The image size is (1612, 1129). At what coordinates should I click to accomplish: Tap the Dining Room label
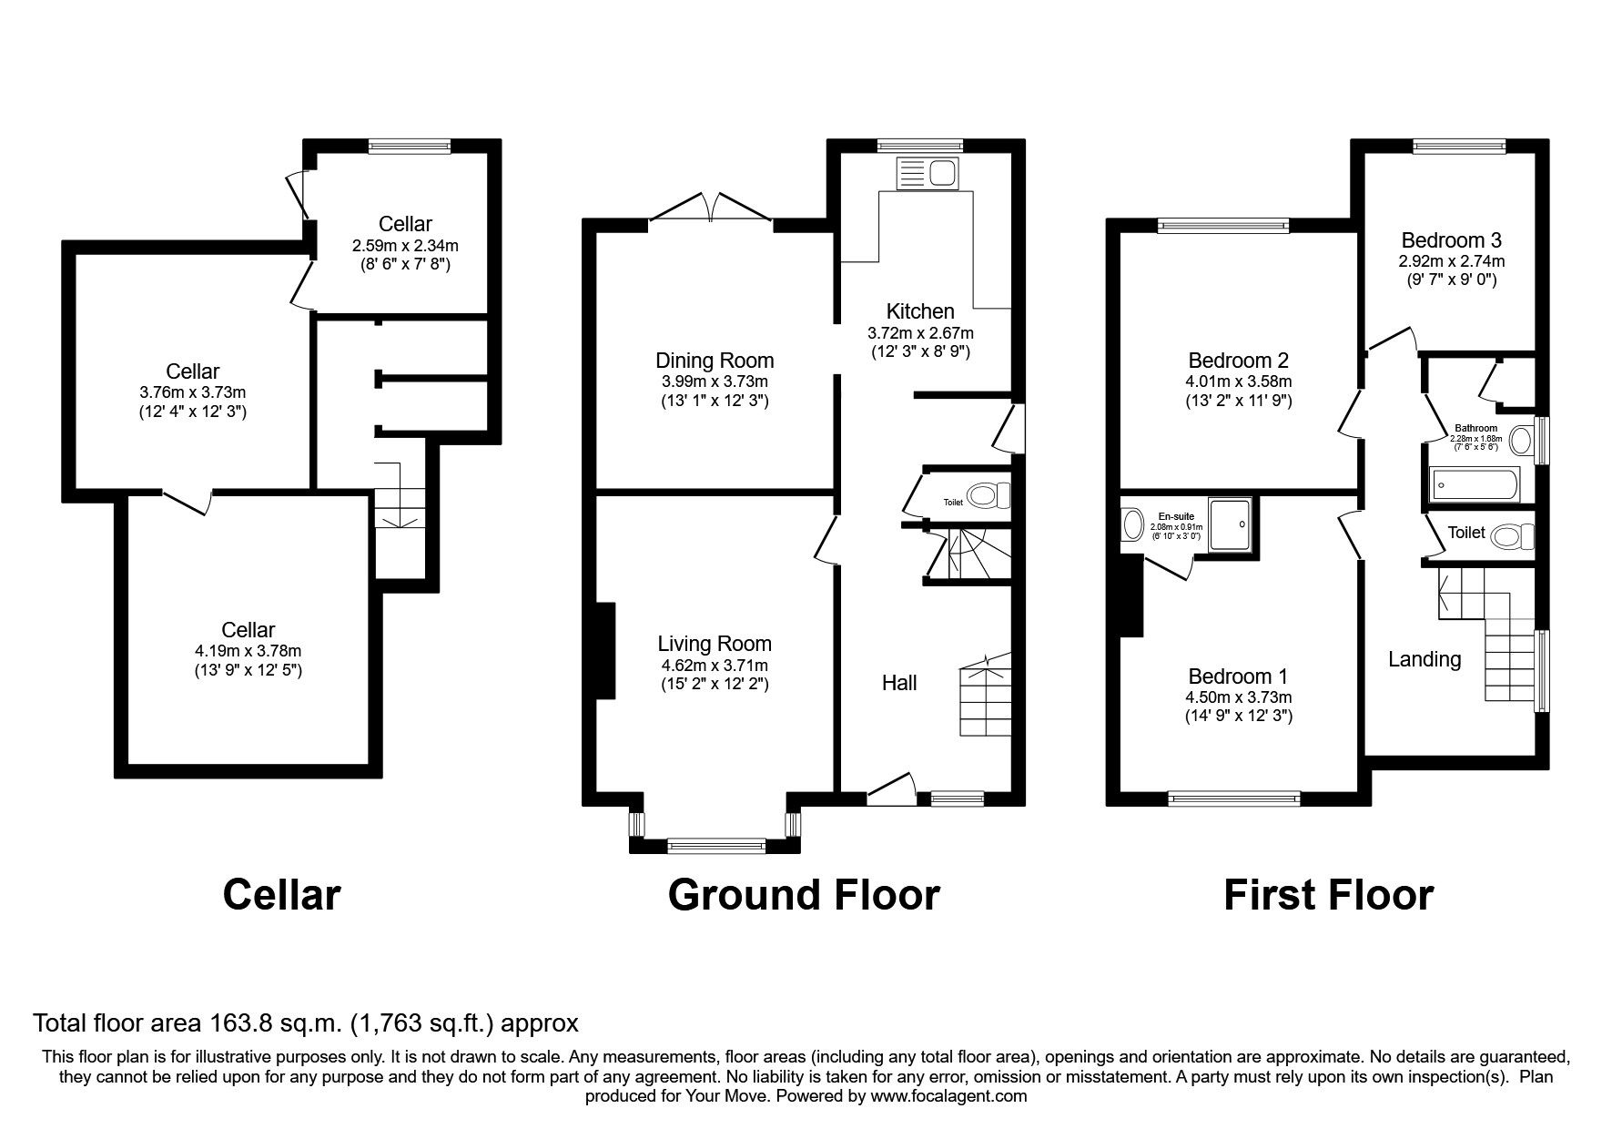click(x=715, y=360)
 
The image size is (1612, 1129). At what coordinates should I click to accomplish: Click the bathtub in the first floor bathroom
click(x=1474, y=484)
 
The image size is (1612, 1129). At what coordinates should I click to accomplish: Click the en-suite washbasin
click(x=1133, y=524)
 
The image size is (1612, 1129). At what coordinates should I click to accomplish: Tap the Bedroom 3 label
click(x=1451, y=240)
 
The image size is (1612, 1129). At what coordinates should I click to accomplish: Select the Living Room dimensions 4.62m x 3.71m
click(x=715, y=666)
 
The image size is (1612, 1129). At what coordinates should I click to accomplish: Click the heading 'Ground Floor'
click(x=803, y=894)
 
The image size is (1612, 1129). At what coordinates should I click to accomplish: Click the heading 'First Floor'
click(x=1327, y=894)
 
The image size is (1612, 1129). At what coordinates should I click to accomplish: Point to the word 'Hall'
click(x=898, y=683)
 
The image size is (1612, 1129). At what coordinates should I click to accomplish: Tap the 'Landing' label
click(x=1424, y=659)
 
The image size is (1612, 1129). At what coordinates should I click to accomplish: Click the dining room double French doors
click(x=711, y=208)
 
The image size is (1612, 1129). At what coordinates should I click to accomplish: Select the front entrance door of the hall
click(x=890, y=788)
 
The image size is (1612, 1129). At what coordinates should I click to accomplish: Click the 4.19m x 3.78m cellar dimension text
click(x=248, y=651)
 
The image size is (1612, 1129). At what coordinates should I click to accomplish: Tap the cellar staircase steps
click(x=400, y=510)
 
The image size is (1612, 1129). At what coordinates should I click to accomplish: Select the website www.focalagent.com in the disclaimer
click(x=948, y=1096)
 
